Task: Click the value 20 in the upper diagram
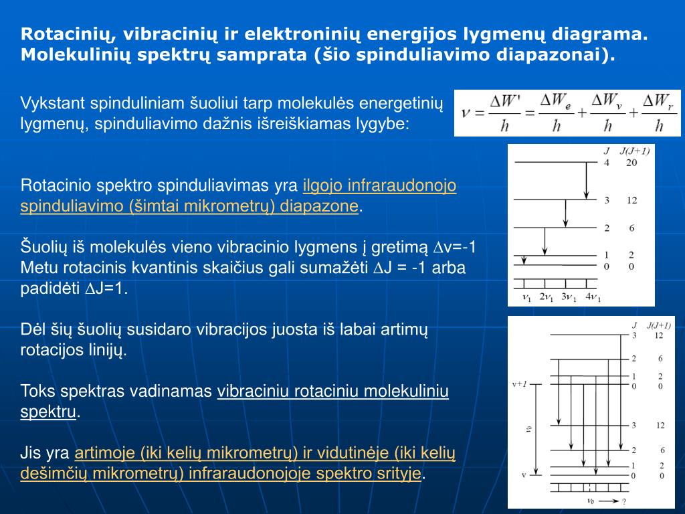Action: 631,163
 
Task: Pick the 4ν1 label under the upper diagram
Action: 593,297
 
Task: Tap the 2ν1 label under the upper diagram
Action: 547,297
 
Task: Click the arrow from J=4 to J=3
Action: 586,180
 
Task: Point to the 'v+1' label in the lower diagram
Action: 519,384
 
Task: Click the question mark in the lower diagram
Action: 623,501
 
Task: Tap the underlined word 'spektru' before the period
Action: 48,412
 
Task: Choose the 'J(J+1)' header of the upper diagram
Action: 634,151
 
